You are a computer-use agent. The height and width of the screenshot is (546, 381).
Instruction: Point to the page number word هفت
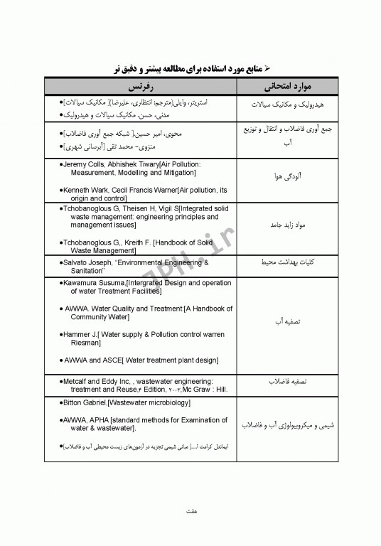[190, 510]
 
